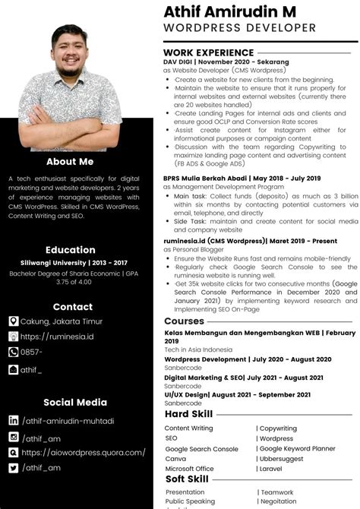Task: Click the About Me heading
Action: [70, 161]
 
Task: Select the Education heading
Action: [70, 249]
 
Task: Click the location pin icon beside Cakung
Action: [14, 321]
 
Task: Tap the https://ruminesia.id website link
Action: [58, 337]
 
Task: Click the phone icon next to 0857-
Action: [14, 352]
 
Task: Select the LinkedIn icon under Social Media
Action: [14, 420]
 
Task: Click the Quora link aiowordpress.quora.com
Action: [84, 452]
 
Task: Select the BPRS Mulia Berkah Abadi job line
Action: [242, 178]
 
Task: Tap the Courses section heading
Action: [185, 321]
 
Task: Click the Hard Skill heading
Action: [188, 414]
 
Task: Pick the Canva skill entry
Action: [175, 459]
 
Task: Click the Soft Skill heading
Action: [187, 479]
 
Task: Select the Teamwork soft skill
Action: [278, 492]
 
